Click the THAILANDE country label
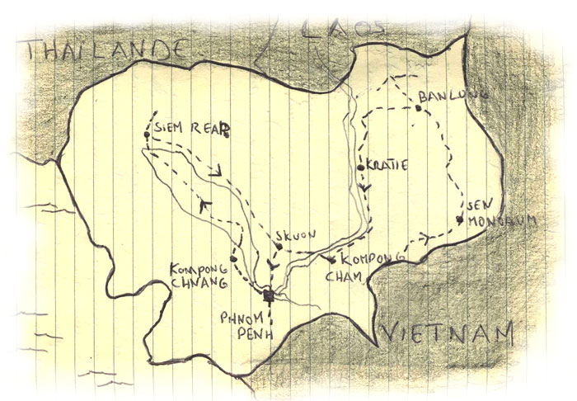[102, 50]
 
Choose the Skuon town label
[295, 235]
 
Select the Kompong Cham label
[357, 267]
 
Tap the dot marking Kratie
[361, 167]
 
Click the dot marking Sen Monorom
[457, 219]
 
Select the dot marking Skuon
[279, 245]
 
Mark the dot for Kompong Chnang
[234, 259]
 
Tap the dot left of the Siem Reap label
[145, 134]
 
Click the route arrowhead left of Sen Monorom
[425, 238]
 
